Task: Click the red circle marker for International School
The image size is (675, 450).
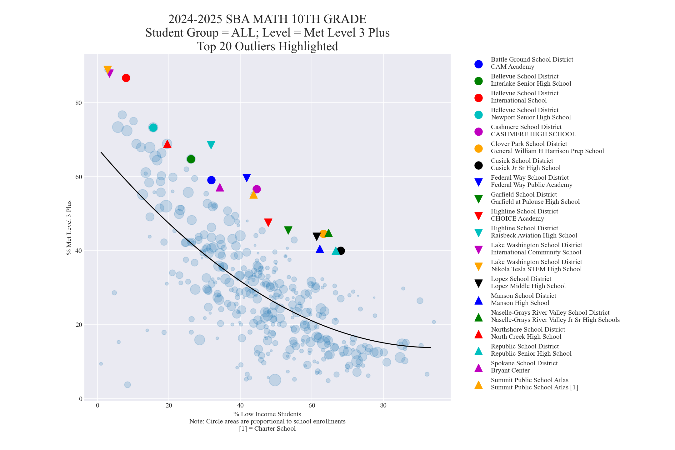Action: [x=126, y=78]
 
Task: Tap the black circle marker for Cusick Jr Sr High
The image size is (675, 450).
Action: [x=341, y=251]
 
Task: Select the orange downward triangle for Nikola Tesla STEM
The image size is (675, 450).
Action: [x=107, y=69]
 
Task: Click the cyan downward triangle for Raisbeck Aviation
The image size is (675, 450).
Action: [x=211, y=145]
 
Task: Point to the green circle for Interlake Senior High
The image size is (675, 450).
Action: [x=191, y=159]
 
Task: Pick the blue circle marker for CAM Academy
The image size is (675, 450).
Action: [x=211, y=180]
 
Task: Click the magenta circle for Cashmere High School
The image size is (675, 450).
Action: [x=257, y=189]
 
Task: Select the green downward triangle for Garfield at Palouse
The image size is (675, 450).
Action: [x=288, y=230]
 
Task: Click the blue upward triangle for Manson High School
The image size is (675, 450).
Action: [x=320, y=249]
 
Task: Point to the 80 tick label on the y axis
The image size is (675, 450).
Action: [x=78, y=103]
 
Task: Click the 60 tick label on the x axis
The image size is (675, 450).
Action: [x=312, y=406]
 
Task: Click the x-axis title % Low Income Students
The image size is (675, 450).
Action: [x=267, y=414]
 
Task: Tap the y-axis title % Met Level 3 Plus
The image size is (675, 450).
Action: [x=69, y=227]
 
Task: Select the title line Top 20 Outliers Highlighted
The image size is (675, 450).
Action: [x=267, y=46]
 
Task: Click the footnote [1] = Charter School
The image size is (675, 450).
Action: [x=267, y=428]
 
